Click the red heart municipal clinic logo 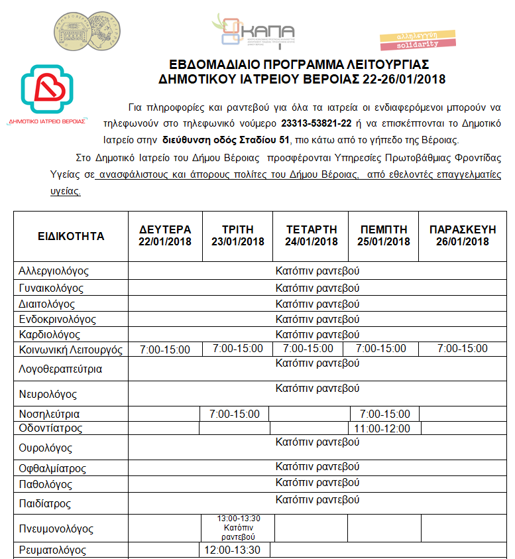[46, 90]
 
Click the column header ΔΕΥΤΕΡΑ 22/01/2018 [165, 235]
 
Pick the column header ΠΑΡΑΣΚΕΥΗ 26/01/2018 [462, 235]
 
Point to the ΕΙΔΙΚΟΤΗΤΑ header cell [71, 236]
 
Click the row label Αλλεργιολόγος [54, 271]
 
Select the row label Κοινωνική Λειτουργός [72, 350]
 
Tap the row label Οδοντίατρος [50, 428]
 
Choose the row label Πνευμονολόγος [56, 528]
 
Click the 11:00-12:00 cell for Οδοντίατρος [382, 428]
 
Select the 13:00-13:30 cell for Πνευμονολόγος [238, 528]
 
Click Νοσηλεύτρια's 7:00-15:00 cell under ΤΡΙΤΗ [235, 414]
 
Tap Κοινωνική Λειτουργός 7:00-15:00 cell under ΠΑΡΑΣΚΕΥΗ [462, 349]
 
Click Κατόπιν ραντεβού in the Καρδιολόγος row [317, 334]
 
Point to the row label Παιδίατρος [45, 504]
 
